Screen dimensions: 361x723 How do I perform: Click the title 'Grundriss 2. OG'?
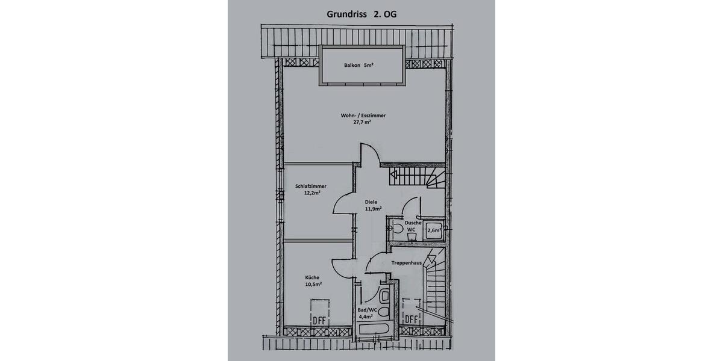[361, 13]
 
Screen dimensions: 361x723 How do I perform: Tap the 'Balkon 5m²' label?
[359, 65]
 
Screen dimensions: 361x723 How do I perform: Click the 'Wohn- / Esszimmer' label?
[363, 115]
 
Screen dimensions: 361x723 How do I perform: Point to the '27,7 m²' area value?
[362, 122]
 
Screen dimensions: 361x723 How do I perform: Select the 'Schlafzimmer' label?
[311, 187]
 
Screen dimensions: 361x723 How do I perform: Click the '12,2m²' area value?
[311, 193]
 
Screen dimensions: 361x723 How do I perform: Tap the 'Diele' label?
[372, 202]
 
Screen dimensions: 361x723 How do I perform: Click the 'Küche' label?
[312, 277]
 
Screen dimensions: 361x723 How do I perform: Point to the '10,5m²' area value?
[313, 284]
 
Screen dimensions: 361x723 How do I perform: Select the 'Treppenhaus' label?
[407, 263]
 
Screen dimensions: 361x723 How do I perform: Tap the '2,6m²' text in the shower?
[434, 230]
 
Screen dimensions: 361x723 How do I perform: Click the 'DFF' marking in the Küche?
[319, 320]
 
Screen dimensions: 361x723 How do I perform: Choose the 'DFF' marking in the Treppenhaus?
[412, 318]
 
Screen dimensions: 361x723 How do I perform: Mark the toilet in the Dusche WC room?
[398, 228]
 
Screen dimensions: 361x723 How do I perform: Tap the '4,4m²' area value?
[366, 316]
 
